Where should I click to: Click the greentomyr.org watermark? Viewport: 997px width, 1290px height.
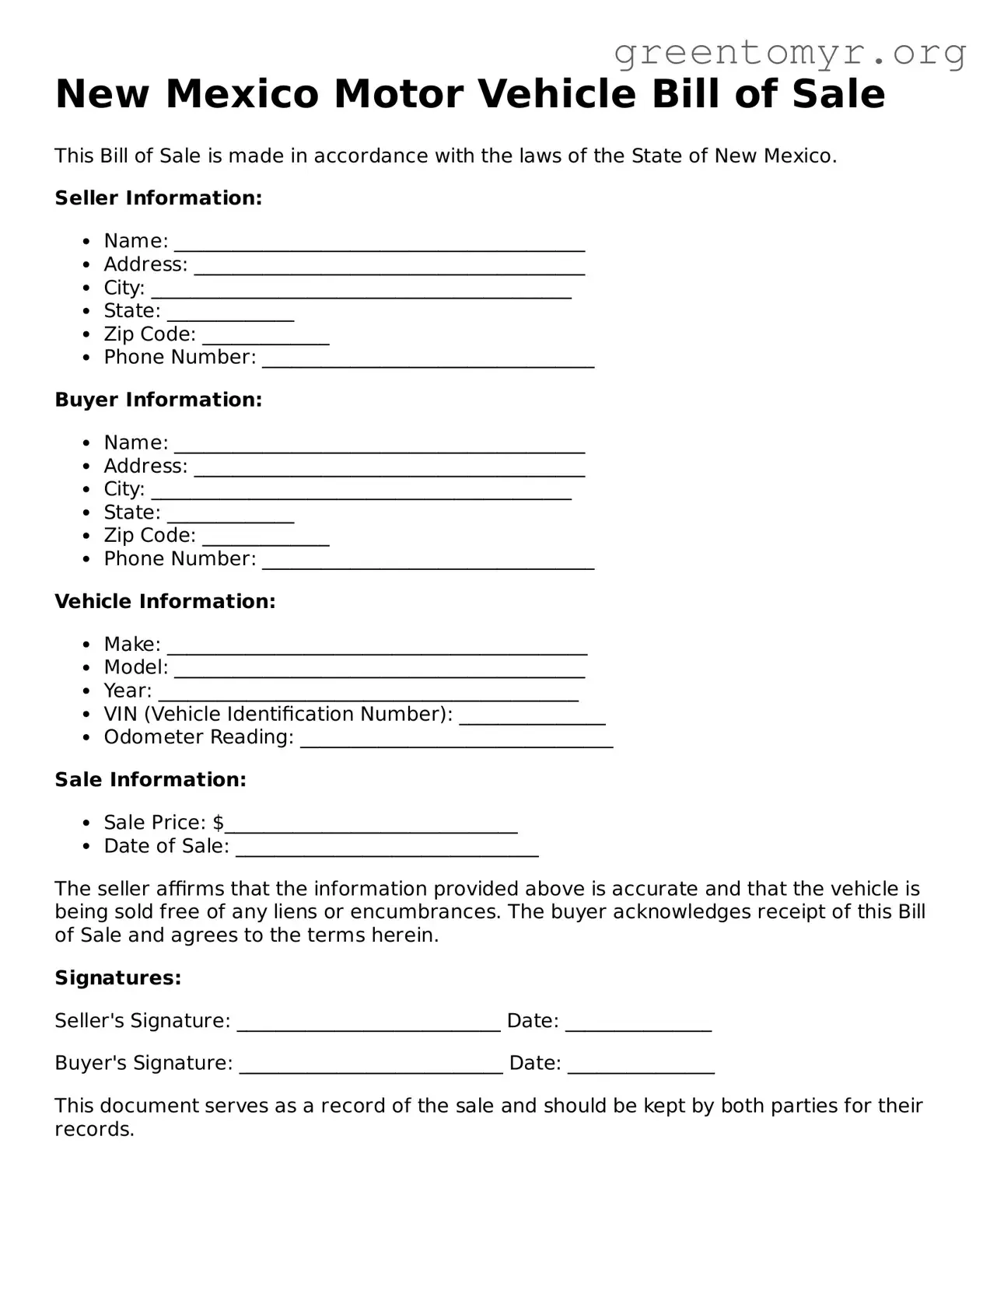point(789,53)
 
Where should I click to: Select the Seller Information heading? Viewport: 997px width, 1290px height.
point(159,198)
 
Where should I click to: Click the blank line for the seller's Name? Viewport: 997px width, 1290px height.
point(379,244)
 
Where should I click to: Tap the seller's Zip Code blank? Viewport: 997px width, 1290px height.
point(265,337)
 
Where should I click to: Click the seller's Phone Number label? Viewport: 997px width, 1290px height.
point(180,358)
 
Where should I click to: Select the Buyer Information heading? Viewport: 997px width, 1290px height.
point(159,400)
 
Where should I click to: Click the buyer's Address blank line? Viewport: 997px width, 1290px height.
point(389,469)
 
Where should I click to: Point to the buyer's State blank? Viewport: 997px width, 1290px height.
point(230,516)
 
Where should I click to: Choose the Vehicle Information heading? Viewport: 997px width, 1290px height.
point(165,601)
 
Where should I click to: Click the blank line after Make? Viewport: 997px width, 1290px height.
point(377,648)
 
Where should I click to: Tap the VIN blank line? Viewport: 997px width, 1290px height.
point(532,717)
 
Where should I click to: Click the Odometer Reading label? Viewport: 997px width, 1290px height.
point(198,737)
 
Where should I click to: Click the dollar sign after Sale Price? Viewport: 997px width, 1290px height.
point(219,823)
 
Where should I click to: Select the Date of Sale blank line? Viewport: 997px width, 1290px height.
point(387,849)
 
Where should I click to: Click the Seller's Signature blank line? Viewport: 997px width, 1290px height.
point(369,1024)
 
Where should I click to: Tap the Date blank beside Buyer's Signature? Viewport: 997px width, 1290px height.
point(641,1066)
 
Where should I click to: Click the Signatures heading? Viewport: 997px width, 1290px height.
point(118,978)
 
